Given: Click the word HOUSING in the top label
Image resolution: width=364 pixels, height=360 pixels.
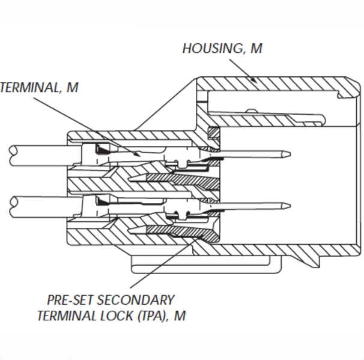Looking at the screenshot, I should pos(210,49).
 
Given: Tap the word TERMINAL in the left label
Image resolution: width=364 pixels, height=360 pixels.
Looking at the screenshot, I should pos(28,88).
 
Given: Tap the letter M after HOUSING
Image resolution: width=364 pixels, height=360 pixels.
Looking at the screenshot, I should pos(256,49).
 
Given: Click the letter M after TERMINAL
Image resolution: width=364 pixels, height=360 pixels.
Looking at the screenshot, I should pos(72,88).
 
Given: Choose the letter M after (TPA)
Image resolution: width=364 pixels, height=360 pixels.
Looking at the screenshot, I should pos(180,316).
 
